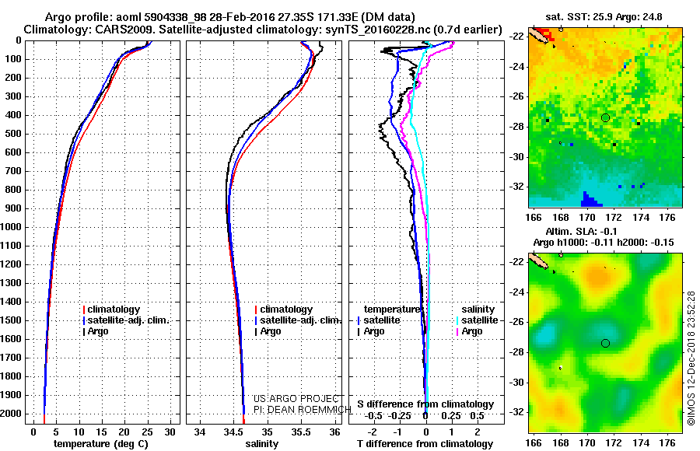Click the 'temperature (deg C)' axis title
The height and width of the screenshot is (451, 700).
click(x=100, y=444)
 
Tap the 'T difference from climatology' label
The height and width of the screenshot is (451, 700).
click(x=425, y=444)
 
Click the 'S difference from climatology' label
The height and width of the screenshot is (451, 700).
click(x=425, y=404)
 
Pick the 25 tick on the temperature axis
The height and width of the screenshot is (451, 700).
click(x=147, y=431)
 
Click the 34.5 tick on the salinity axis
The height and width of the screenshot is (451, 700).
click(x=233, y=431)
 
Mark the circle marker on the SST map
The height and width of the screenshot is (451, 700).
click(x=605, y=117)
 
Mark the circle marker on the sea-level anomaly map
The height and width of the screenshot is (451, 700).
click(x=605, y=343)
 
